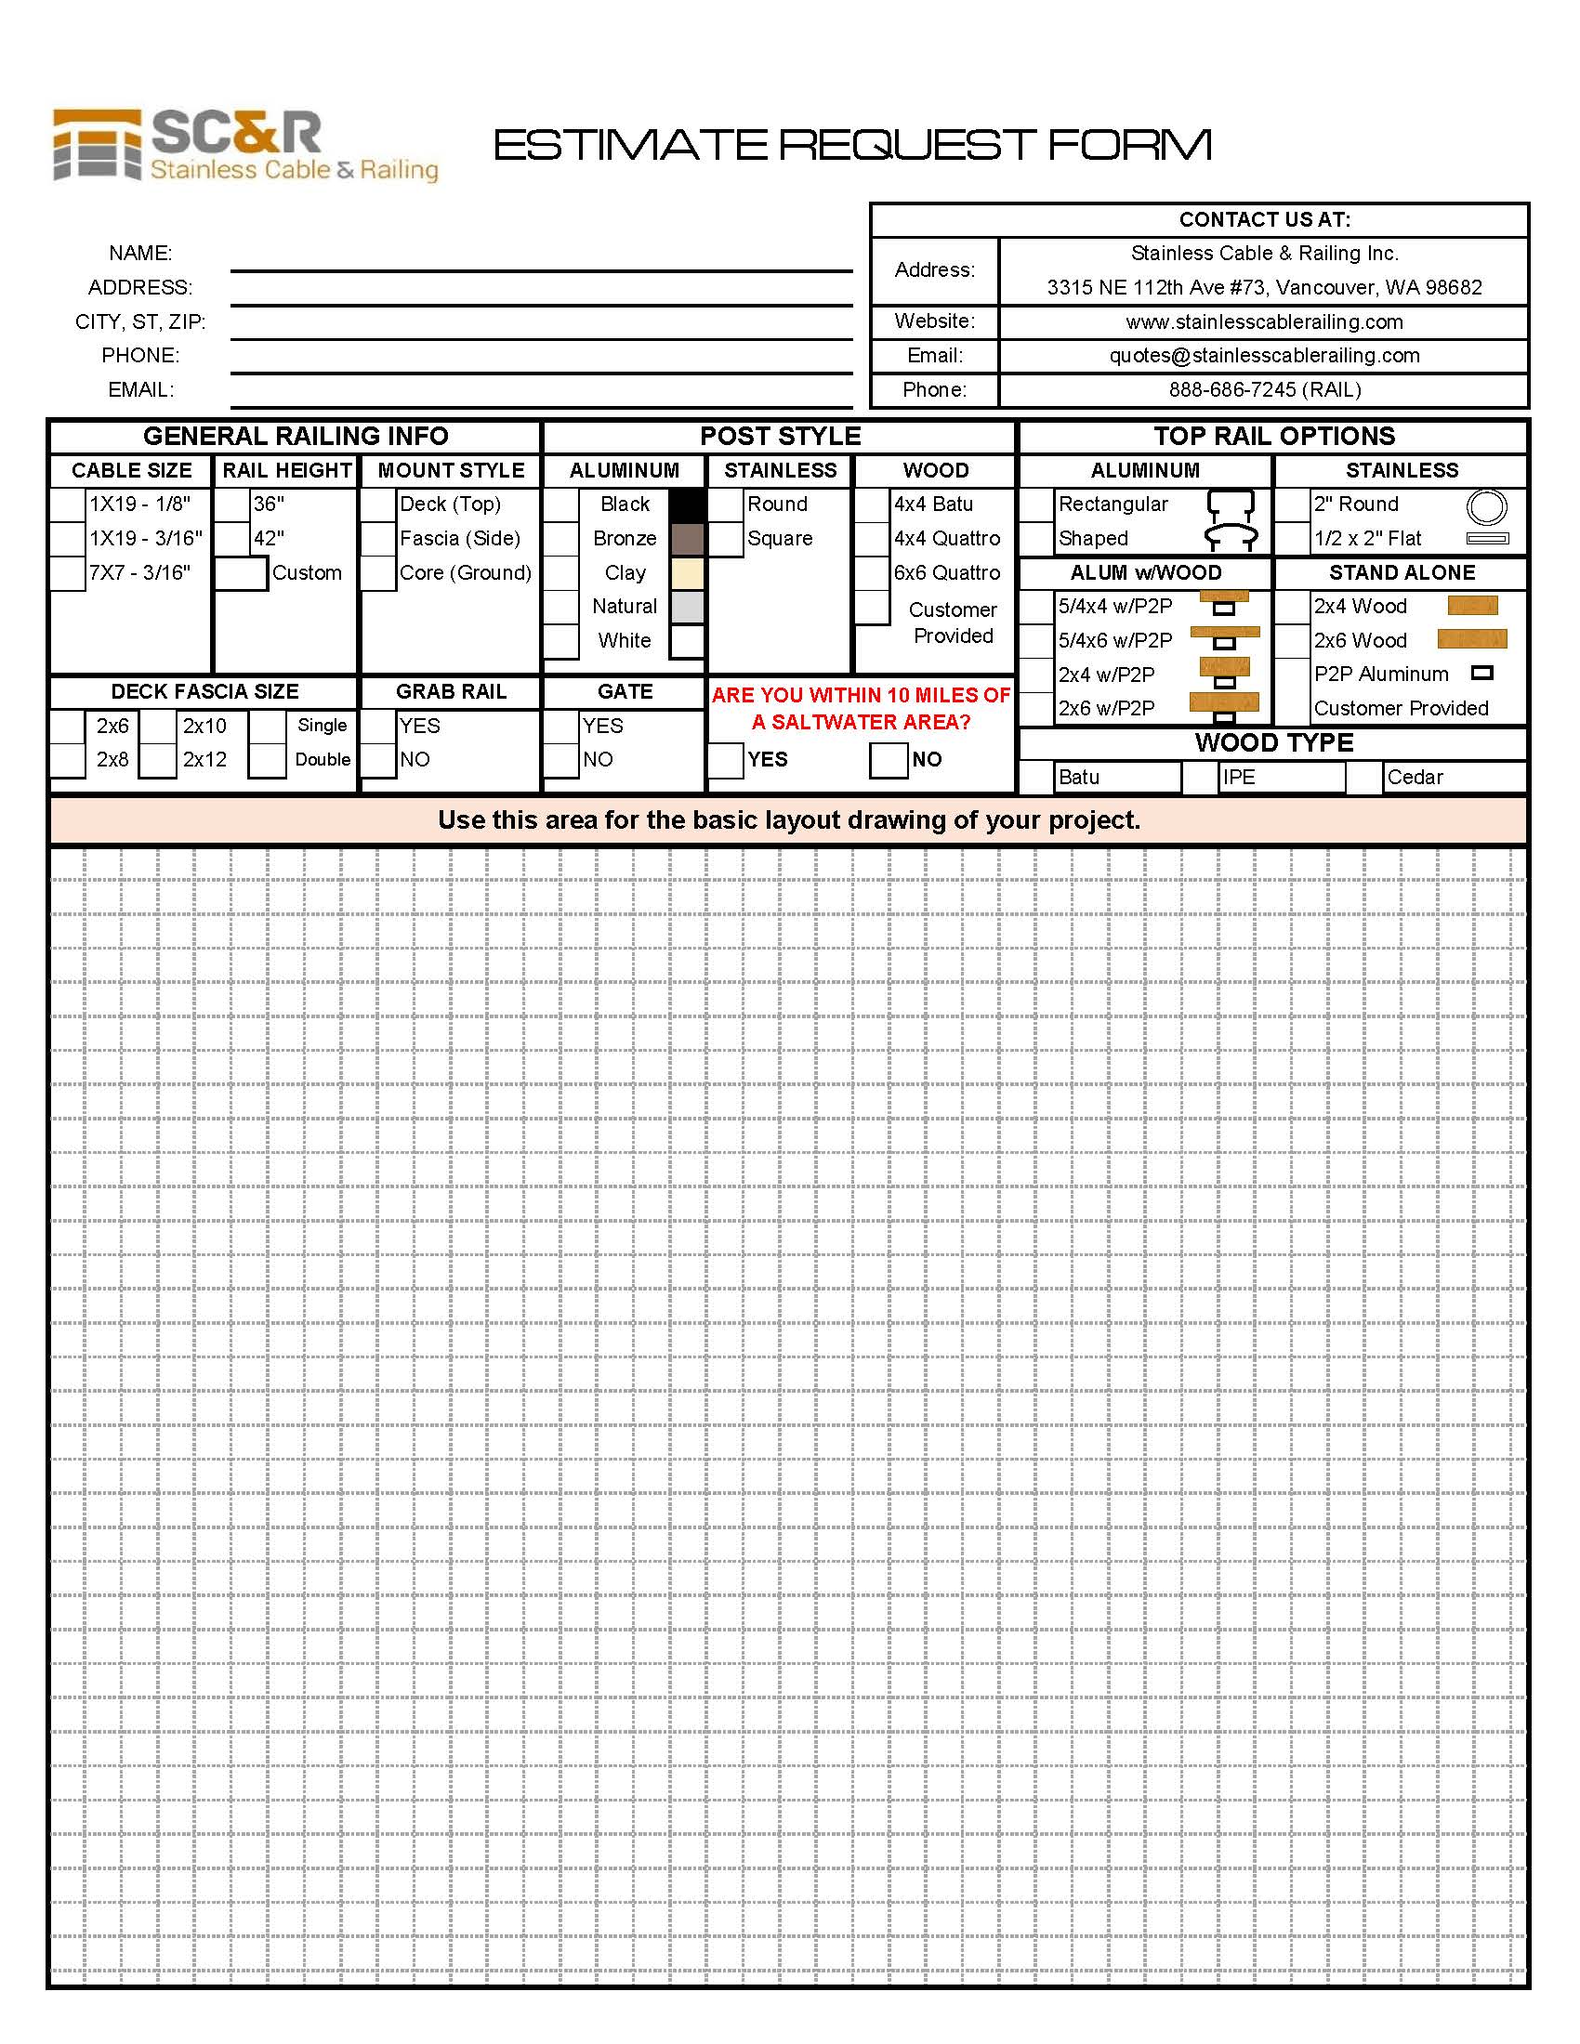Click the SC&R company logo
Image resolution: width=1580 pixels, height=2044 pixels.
245,145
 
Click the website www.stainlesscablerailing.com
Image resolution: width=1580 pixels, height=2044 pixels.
1264,322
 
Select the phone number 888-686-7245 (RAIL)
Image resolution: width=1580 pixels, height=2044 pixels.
1264,389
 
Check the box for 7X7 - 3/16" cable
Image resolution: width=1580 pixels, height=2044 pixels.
68,572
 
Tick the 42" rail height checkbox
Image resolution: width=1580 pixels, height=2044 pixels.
232,538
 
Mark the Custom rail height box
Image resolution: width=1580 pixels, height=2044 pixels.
242,572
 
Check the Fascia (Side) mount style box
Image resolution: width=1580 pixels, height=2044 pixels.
378,538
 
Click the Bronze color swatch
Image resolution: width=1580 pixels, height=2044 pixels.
687,538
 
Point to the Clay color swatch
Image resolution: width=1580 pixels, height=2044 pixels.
687,572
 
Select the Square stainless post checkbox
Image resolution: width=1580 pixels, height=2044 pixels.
726,538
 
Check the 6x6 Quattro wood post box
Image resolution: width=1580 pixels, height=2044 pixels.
872,572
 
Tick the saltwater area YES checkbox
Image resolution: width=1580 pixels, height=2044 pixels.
726,759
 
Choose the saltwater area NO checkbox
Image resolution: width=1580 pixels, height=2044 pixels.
889,759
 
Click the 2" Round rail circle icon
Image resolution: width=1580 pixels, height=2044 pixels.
1486,506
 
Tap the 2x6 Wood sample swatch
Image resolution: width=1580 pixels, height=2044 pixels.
1472,639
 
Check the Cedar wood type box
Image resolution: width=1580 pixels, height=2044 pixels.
1364,778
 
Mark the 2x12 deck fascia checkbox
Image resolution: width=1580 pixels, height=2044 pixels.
158,759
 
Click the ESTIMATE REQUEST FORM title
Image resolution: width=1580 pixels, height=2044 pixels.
851,145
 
